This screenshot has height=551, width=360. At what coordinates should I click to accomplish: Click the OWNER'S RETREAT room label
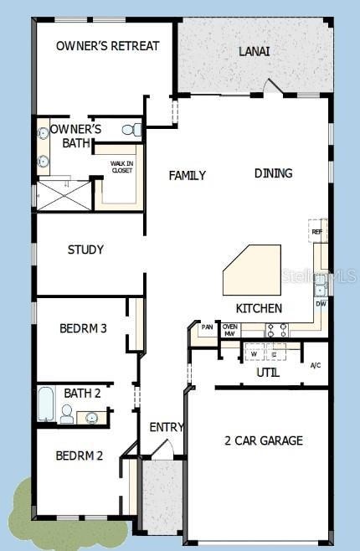click(x=107, y=46)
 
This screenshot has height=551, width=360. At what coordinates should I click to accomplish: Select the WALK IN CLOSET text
click(x=122, y=167)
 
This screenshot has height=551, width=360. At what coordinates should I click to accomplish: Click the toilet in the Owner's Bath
click(x=131, y=130)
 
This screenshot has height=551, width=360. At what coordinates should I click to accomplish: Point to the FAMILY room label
click(x=187, y=175)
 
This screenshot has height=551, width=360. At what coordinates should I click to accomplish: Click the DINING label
click(x=273, y=173)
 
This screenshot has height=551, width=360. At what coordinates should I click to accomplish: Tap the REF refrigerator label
click(x=316, y=232)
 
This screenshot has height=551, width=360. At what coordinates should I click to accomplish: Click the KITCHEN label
click(x=258, y=308)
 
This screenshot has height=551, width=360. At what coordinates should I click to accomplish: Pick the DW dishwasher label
click(x=321, y=304)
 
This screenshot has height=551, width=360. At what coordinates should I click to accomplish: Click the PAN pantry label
click(x=207, y=327)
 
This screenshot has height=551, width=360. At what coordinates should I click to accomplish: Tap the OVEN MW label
click(x=229, y=330)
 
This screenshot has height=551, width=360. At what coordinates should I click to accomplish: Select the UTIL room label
click(x=268, y=372)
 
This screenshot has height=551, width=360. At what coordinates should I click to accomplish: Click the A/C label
click(x=316, y=365)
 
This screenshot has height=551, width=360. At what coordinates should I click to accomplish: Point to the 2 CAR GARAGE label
click(x=263, y=440)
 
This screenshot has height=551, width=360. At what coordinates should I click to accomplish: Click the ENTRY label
click(x=166, y=427)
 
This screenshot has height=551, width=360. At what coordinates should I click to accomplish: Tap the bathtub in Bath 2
click(x=46, y=405)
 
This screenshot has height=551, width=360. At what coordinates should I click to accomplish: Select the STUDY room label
click(x=85, y=250)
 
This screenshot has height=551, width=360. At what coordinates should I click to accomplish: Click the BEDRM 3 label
click(x=83, y=328)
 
